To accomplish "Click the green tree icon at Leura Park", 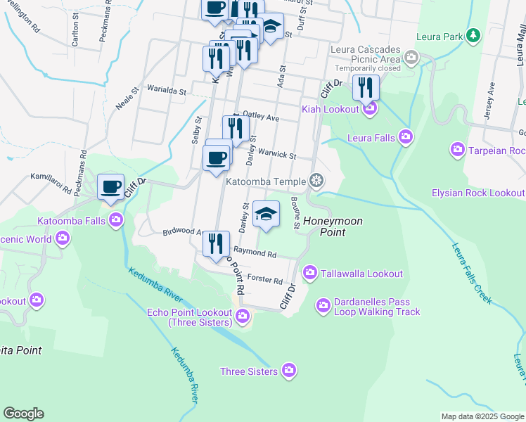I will [475, 35].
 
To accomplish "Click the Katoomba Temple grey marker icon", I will [316, 181].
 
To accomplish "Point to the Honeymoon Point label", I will [333, 226].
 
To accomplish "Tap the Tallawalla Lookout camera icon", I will [309, 273].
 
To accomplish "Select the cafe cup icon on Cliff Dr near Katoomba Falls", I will [110, 187].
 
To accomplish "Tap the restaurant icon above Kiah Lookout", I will [366, 87].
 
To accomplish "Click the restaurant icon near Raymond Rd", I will [217, 243].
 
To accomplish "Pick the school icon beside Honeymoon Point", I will [266, 214].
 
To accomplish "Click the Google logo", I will [23, 414].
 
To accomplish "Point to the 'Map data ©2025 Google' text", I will [482, 416].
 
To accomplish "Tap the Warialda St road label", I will [166, 91].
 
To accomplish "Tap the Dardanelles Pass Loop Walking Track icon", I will [323, 305].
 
